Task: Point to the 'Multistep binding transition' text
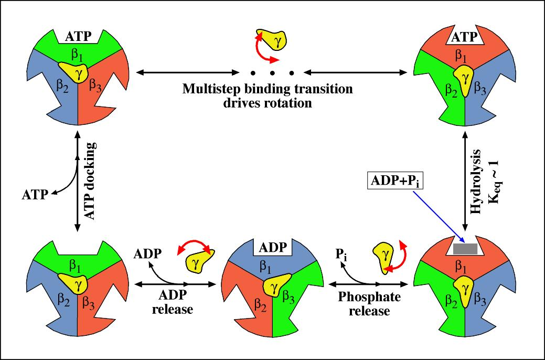tap(268, 88)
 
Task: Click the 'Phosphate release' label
tap(369, 304)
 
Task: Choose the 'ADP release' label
tap(173, 302)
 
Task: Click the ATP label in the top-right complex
tap(464, 38)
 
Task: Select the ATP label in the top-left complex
tap(78, 37)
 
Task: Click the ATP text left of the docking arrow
tap(34, 195)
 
